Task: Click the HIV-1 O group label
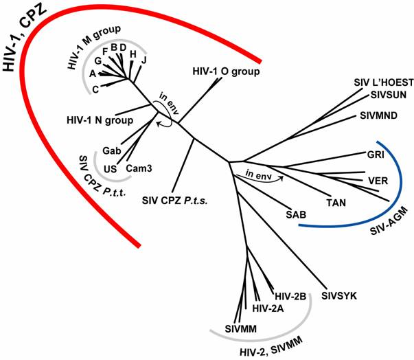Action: (226, 71)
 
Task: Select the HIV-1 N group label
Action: (100, 120)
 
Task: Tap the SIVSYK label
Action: (339, 296)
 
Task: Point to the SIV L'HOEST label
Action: (384, 82)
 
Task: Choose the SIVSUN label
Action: (389, 95)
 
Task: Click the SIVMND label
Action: (378, 115)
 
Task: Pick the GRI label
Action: (376, 155)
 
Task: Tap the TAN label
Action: (336, 203)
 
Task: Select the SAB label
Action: (296, 214)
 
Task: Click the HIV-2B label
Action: (290, 296)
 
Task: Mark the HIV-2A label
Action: (268, 308)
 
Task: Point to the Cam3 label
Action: (139, 168)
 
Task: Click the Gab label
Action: (112, 150)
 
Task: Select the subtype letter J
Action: (143, 60)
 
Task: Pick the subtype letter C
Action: (95, 89)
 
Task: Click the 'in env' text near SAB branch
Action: (258, 175)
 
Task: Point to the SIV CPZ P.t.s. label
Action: (175, 201)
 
